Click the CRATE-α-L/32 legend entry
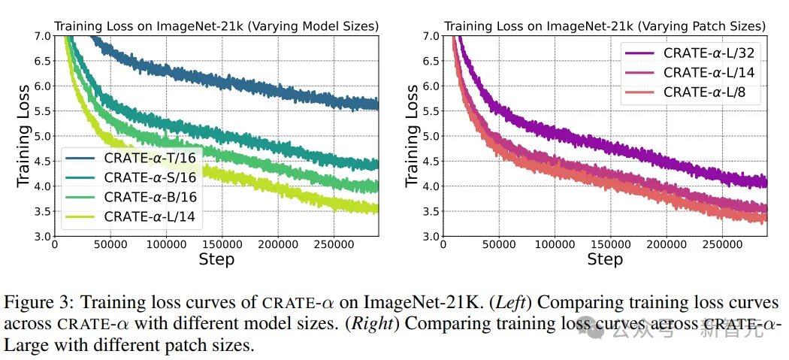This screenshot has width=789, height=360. coord(703,53)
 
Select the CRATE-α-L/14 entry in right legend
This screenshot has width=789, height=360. coord(703,73)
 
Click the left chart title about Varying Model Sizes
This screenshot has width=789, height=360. coord(216,26)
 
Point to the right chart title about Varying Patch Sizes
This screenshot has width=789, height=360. coord(605,26)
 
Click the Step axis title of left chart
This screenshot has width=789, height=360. coord(216,259)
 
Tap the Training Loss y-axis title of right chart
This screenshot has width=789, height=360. coord(412,135)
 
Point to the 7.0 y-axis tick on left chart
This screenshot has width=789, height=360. coord(42,36)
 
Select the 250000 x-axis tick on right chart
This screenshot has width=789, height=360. coord(721,245)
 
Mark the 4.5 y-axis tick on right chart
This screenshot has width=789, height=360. coord(431,161)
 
